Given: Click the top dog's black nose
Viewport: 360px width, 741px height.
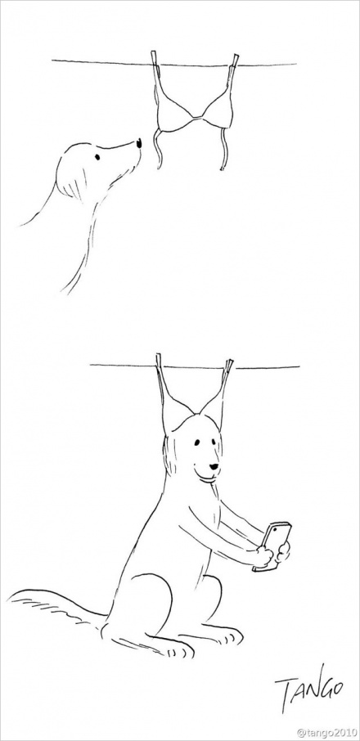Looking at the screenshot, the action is [139, 143].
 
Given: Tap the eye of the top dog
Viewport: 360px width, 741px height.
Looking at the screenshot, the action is [97, 157].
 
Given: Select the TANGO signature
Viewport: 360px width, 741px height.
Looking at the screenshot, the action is [309, 688].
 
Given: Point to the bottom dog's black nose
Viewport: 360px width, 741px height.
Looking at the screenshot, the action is [214, 467].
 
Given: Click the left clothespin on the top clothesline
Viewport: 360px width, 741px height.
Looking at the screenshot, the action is [155, 58].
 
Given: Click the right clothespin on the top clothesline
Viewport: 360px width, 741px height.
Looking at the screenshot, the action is [234, 61].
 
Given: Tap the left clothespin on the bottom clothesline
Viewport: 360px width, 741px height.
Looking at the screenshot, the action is [159, 361].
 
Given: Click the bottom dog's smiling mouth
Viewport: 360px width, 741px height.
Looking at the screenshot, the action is [209, 476].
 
